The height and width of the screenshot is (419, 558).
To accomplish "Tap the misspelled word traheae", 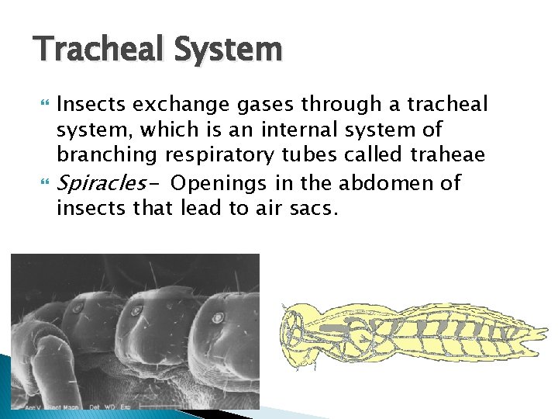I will tap(450, 155).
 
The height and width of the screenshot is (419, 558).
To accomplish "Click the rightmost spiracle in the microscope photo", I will tap(218, 317).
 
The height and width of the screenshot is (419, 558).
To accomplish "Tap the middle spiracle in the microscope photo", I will tap(138, 311).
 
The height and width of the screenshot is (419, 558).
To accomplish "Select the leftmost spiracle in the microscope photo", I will tap(77, 307).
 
